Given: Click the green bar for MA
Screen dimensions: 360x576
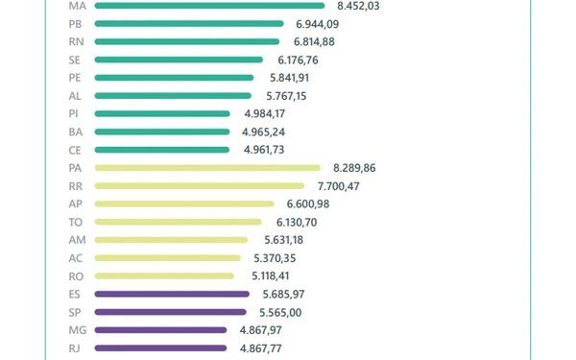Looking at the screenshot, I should click(209, 6).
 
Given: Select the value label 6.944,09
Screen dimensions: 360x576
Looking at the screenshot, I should click(319, 24).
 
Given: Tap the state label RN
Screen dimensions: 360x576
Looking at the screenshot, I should click(76, 41).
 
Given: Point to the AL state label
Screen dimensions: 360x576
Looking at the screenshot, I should click(76, 95).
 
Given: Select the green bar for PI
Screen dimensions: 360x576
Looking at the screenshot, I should click(163, 113).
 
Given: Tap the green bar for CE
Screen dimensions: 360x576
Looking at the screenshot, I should click(162, 150).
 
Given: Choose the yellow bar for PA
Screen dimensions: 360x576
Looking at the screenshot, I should click(207, 167).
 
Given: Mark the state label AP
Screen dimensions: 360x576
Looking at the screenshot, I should click(76, 204).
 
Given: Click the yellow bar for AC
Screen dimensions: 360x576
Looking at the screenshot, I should click(168, 258).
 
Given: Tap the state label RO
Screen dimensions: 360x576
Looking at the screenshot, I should click(76, 276).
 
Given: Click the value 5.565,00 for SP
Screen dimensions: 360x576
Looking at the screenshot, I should click(280, 312).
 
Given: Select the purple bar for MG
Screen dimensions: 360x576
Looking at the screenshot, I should click(161, 330).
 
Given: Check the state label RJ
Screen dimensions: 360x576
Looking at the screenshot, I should click(76, 348).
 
